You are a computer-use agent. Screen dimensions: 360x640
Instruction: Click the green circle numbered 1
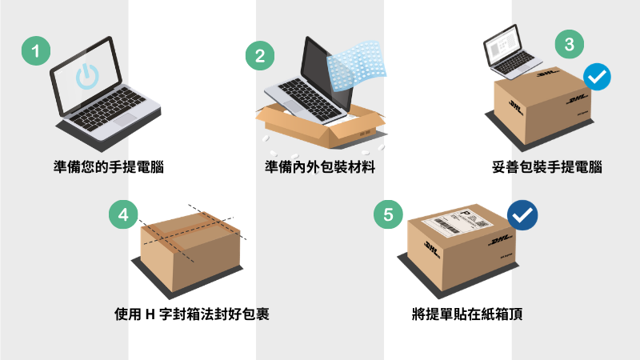coord(34,53)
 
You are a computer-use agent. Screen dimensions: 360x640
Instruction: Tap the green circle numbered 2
coord(259,56)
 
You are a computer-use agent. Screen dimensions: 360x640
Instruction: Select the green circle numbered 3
coord(569,45)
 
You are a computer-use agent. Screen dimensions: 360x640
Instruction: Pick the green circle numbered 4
coord(122,215)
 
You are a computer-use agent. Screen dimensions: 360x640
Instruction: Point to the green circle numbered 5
coord(388,215)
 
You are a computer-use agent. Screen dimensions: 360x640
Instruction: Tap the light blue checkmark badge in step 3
coord(597,77)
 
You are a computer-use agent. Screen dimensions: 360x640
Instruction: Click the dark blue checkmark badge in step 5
coord(522,215)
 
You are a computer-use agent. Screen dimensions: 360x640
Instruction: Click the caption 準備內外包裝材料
coord(320,168)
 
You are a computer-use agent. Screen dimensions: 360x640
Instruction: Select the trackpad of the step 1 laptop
coord(126,119)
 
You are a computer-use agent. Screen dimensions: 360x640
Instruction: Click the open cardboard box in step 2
coord(320,128)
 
